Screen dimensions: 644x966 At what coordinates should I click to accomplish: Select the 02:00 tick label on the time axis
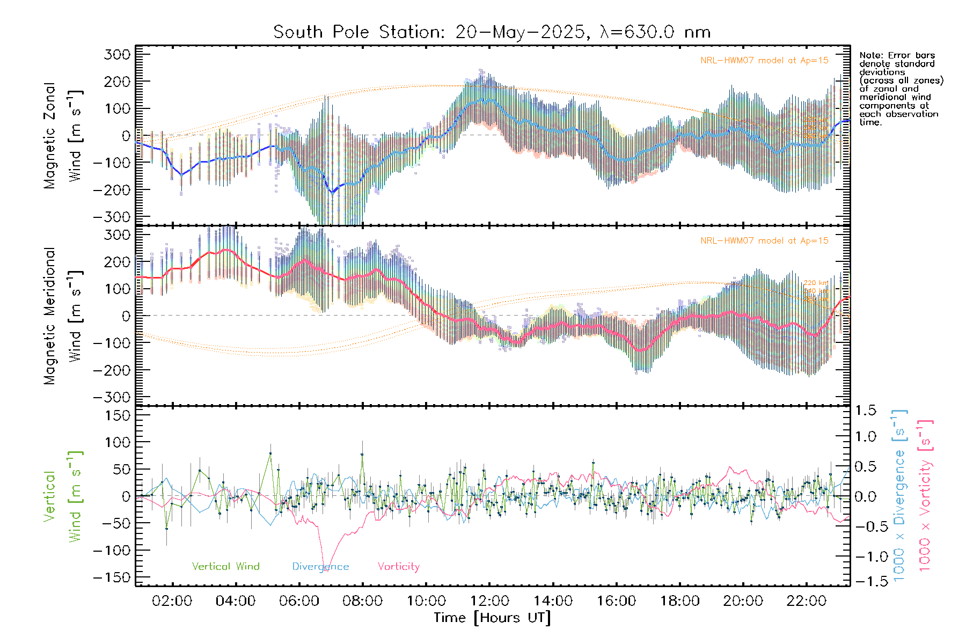coord(172,601)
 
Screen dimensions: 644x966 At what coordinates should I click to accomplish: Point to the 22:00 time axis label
coord(806,601)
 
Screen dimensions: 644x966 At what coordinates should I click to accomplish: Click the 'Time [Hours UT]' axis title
coord(492,618)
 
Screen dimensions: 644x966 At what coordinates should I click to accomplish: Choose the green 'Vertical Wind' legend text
coord(225,566)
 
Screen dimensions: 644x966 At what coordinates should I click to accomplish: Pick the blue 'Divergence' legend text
coord(320,566)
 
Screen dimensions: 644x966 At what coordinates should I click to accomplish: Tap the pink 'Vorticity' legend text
coord(398,566)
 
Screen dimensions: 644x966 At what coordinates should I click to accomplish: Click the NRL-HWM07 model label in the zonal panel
coord(764,60)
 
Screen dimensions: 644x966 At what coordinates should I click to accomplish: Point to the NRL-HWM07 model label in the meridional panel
coord(764,240)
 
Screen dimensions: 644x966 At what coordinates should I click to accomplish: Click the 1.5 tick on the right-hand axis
coord(865,411)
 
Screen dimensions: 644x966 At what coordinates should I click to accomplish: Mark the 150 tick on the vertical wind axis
coord(118,415)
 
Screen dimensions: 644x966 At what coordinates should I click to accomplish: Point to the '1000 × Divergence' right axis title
coord(899,495)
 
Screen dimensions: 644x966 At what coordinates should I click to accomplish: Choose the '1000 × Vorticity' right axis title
coord(925,495)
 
